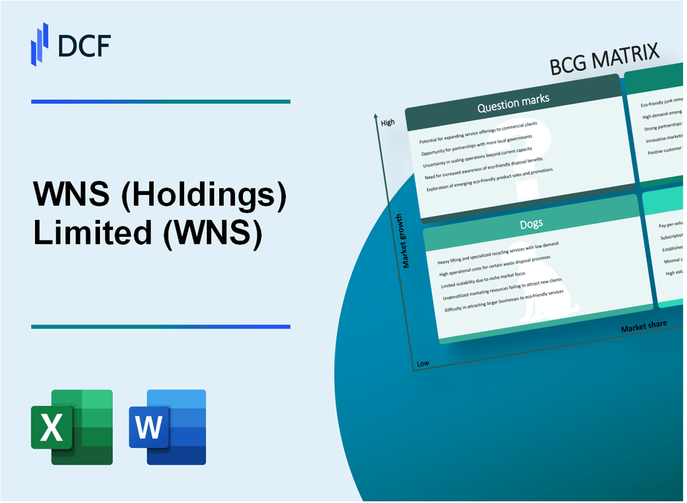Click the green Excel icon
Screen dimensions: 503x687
pyautogui.click(x=72, y=427)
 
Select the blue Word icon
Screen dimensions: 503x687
pyautogui.click(x=167, y=427)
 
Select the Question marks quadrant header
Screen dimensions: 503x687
pyautogui.click(x=513, y=105)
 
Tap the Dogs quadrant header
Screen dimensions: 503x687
pyautogui.click(x=531, y=224)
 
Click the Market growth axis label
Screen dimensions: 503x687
pyautogui.click(x=406, y=241)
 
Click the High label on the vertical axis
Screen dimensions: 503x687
pyautogui.click(x=388, y=122)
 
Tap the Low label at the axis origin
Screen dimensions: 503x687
pyautogui.click(x=423, y=363)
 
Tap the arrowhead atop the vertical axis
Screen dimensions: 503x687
pyautogui.click(x=375, y=116)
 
